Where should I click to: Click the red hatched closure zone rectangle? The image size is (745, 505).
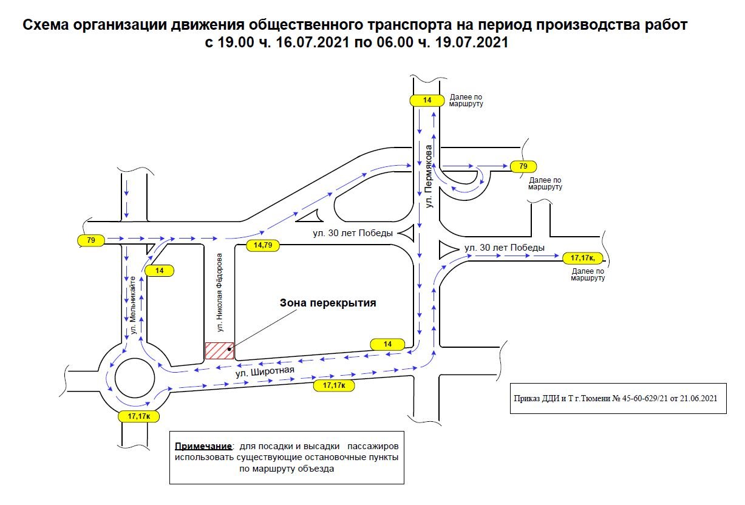(219, 351)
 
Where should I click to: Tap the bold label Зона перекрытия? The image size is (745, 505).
(328, 303)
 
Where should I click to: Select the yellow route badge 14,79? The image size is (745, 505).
(263, 245)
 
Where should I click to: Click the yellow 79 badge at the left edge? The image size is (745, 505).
(91, 240)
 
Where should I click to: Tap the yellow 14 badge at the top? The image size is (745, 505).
(427, 101)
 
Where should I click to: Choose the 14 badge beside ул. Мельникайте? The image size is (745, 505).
(159, 271)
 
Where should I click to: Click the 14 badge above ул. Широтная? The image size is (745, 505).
(387, 344)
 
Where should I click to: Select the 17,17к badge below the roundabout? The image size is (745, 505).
(139, 416)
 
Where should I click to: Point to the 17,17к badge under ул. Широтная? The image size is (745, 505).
(334, 385)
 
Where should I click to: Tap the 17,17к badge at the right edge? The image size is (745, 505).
(583, 257)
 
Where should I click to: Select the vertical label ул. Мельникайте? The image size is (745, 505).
(132, 304)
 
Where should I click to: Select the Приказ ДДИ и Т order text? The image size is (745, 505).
(618, 398)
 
